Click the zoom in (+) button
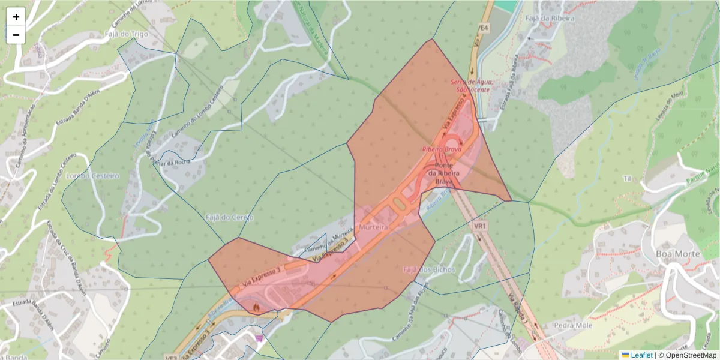tap(16, 17)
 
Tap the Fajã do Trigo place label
tap(126, 34)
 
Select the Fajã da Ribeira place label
tap(550, 18)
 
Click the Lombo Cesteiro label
tap(93, 176)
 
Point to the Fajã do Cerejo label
tap(229, 217)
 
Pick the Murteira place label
tap(373, 228)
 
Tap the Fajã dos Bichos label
tap(429, 270)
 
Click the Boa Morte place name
tap(678, 254)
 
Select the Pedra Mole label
tap(572, 325)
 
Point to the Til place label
tap(628, 179)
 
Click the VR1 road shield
tap(479, 226)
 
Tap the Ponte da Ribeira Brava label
tap(443, 173)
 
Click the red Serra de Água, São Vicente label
tap(473, 86)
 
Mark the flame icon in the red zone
tap(256, 307)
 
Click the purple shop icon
tap(259, 338)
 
